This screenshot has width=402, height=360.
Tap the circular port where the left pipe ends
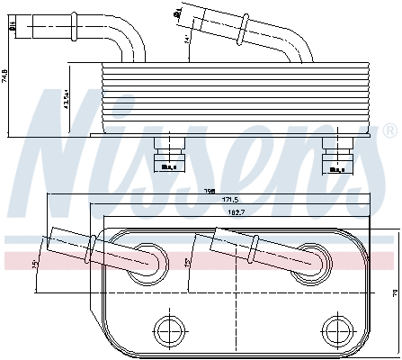tap(146, 262)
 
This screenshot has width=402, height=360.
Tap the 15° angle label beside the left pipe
tap(35, 263)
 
